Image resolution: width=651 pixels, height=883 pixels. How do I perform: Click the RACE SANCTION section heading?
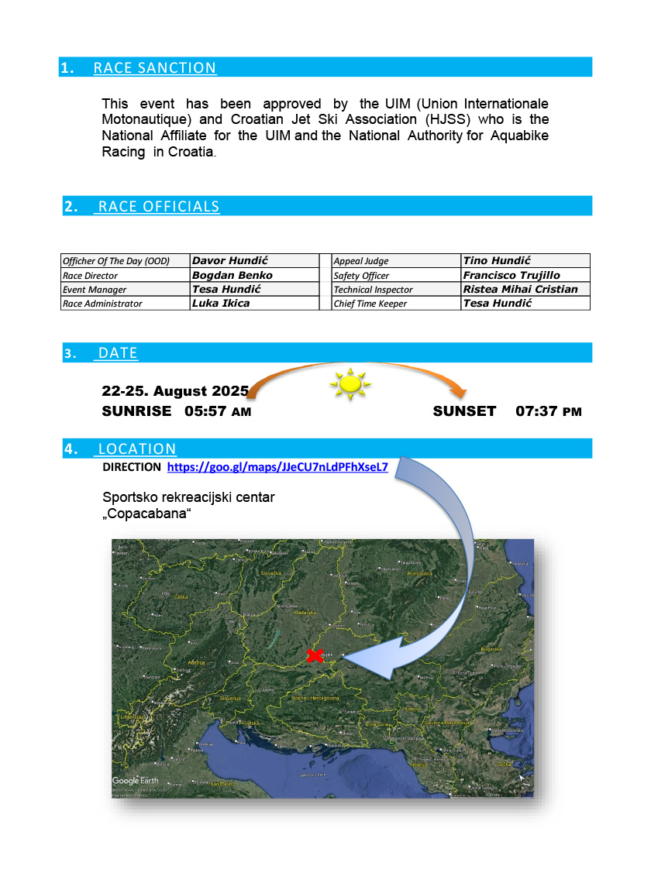click(x=154, y=68)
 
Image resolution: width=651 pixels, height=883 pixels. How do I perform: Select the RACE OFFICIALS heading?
click(x=158, y=207)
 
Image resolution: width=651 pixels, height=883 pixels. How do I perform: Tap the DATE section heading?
click(x=117, y=353)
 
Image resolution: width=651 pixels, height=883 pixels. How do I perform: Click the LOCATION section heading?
click(x=136, y=449)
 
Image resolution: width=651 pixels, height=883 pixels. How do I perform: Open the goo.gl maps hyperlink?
click(x=277, y=468)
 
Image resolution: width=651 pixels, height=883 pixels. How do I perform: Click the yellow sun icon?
click(x=350, y=383)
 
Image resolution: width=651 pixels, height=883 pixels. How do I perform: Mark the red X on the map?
click(x=315, y=656)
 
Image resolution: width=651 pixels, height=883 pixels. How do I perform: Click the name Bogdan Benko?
click(x=232, y=275)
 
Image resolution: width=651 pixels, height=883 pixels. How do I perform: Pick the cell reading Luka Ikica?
click(x=221, y=303)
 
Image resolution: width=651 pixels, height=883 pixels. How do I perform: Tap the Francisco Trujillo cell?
click(x=511, y=275)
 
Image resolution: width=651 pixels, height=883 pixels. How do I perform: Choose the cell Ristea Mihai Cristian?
click(x=520, y=289)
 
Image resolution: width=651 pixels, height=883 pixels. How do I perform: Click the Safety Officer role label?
click(x=361, y=276)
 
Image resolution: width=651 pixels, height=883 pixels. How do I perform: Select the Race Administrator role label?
click(x=102, y=304)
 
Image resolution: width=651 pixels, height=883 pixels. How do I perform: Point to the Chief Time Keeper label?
click(x=370, y=304)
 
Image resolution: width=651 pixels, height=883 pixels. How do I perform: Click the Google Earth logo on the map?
click(x=136, y=781)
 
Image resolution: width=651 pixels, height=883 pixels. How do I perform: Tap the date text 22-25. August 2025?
click(x=175, y=390)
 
